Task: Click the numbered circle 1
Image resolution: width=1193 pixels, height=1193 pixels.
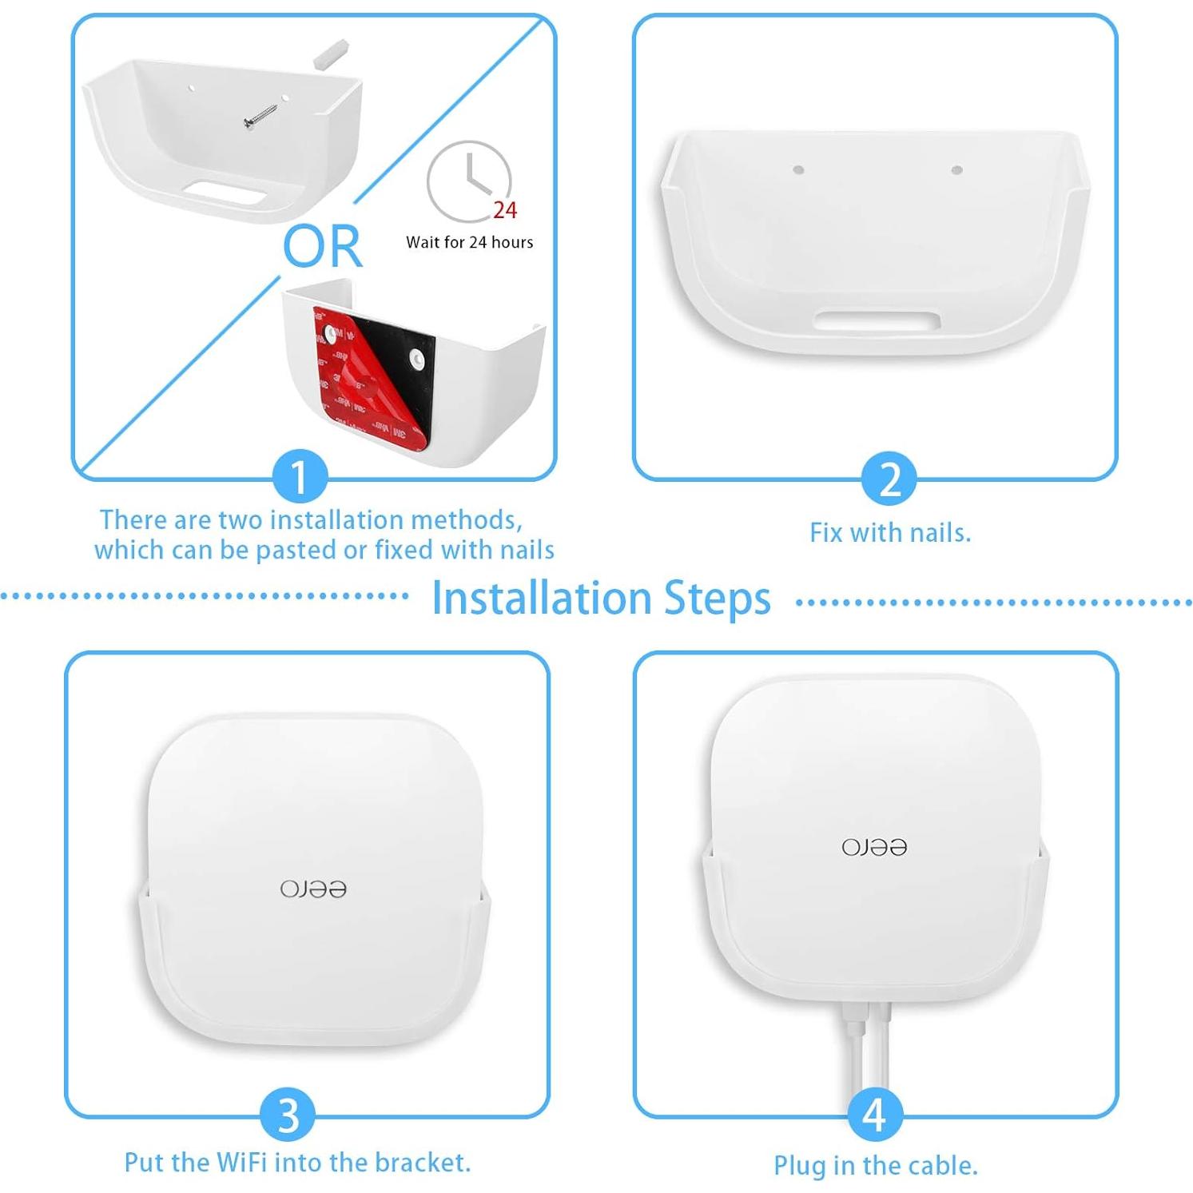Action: coord(299,477)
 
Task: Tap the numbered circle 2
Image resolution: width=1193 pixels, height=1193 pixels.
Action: coord(889,479)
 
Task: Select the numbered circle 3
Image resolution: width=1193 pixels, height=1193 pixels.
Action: coord(288,1115)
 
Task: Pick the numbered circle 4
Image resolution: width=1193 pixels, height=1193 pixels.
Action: coord(874,1115)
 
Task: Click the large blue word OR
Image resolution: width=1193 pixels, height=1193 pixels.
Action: coord(323,246)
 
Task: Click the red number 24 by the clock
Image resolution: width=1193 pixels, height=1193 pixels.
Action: coord(505,210)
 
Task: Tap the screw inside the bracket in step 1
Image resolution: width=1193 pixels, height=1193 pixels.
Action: coord(260,113)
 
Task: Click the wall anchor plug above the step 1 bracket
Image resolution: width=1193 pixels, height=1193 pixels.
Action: coord(330,53)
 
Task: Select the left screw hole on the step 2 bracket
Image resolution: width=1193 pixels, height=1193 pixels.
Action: coord(797,169)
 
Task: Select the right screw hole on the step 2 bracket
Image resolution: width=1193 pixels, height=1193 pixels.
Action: coord(956,169)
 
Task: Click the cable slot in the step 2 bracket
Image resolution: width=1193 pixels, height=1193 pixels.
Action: coord(877,321)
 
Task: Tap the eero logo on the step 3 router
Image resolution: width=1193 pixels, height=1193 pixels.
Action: coord(313,889)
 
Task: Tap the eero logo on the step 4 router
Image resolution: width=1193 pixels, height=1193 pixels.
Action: coord(874,847)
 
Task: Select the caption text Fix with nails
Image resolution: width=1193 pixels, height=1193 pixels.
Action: coord(889,533)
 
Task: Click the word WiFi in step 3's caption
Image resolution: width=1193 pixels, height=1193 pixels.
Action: coord(239,1162)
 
